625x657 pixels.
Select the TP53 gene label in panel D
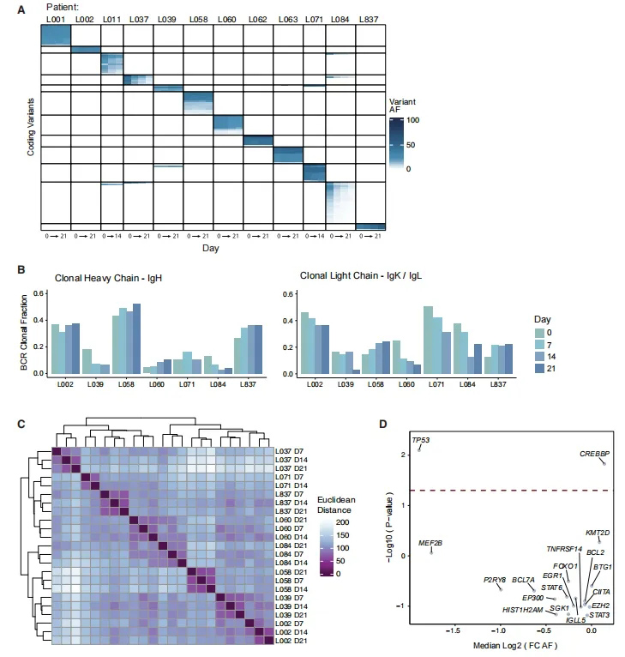coord(421,440)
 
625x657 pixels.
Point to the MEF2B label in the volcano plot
coord(430,543)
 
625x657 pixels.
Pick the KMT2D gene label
coord(598,533)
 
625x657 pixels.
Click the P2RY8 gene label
coord(495,579)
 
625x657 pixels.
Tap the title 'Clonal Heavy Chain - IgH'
coord(108,278)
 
